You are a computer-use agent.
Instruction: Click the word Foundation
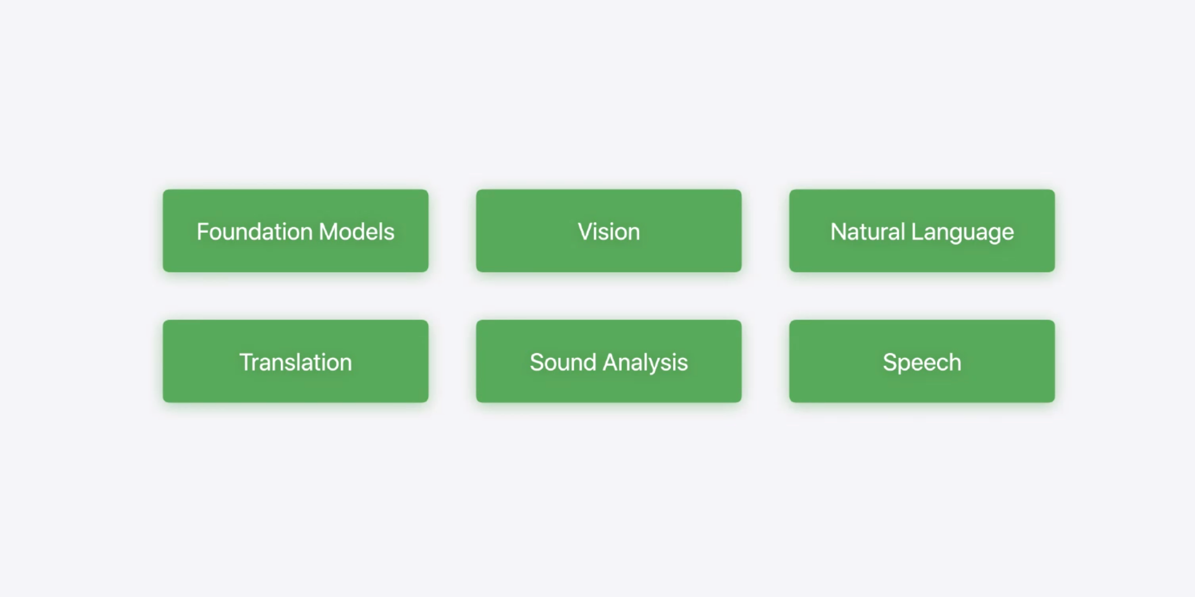pyautogui.click(x=254, y=232)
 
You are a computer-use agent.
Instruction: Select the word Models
pyautogui.click(x=357, y=232)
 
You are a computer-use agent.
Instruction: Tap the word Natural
pyautogui.click(x=867, y=232)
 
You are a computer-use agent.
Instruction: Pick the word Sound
pyautogui.click(x=563, y=362)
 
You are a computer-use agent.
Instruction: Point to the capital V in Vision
pyautogui.click(x=585, y=232)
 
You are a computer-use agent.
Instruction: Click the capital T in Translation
pyautogui.click(x=246, y=362)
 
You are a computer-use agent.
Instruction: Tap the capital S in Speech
pyautogui.click(x=890, y=362)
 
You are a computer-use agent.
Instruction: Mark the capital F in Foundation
pyautogui.click(x=202, y=232)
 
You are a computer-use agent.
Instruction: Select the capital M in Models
pyautogui.click(x=328, y=232)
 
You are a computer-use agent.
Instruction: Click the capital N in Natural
pyautogui.click(x=839, y=232)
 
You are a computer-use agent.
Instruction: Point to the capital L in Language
pyautogui.click(x=916, y=232)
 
